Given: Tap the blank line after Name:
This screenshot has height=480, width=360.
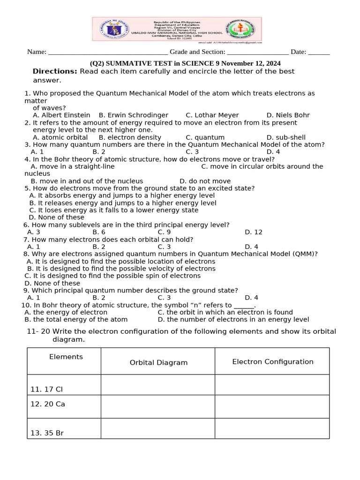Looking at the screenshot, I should pos(108,52).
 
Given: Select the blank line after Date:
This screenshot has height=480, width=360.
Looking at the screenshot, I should pos(319,52).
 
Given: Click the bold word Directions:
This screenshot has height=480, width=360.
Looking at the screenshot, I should pos(55,71).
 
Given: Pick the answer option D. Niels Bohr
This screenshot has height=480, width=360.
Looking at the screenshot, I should pos(288,115).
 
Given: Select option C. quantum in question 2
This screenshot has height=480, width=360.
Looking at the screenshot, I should pos(205,137).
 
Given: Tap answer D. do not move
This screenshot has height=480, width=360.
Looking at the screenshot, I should pos(205,181).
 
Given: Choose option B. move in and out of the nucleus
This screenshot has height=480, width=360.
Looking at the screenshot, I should pos(87,181).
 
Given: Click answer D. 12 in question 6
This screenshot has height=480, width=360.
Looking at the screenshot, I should pos(254,232).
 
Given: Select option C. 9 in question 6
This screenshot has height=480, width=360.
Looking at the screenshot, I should pos(164,232).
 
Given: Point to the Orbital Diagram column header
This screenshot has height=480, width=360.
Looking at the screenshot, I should pos(158,362).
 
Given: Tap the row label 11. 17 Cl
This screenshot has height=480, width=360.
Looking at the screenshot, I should pos(46,390).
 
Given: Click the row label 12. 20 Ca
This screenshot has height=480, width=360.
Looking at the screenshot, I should pos(47,404).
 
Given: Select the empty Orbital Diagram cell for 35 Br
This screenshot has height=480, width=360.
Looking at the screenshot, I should pos(158,428).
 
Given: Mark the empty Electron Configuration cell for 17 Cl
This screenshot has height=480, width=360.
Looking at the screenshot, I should pos(272,385).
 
